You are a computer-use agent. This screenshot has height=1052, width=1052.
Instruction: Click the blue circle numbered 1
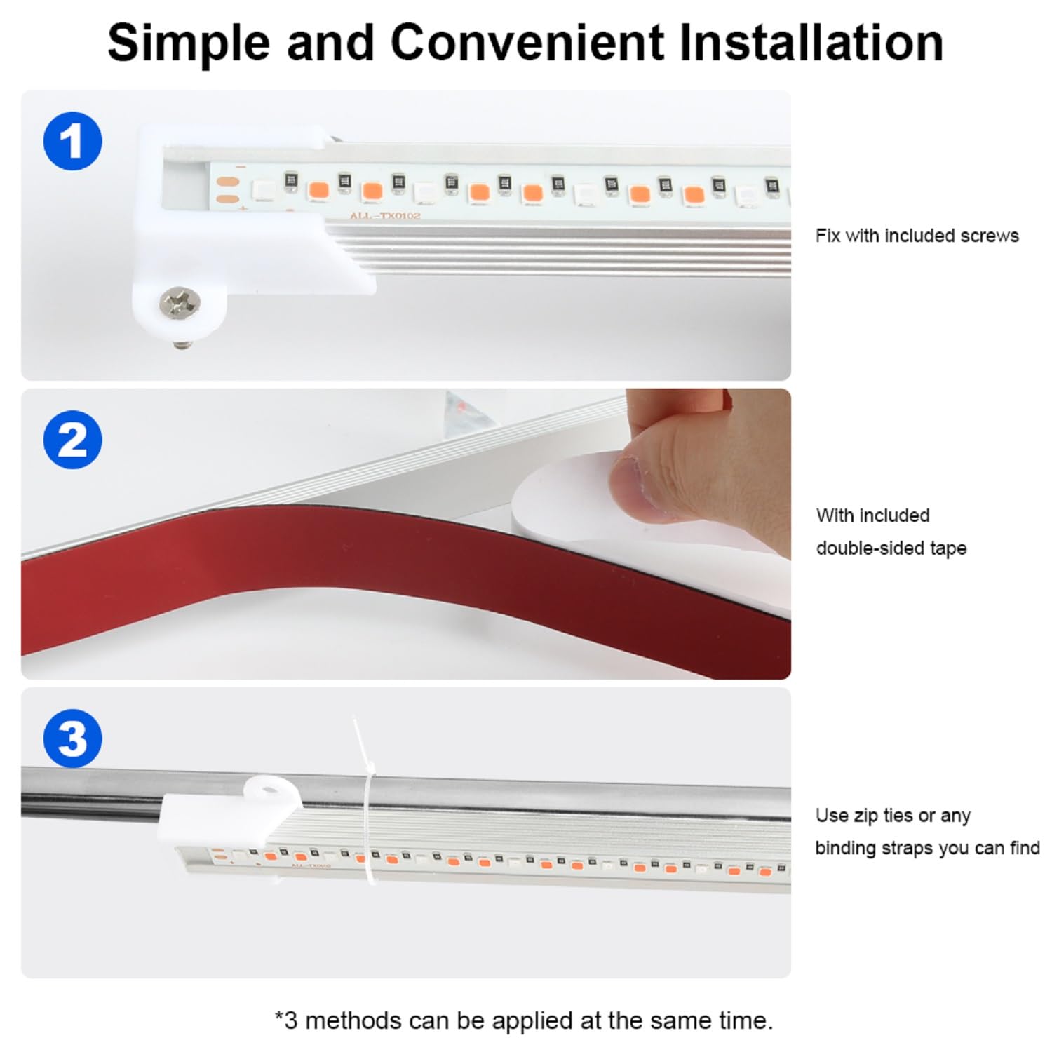[x=73, y=141]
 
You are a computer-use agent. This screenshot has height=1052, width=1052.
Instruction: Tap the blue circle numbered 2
[x=73, y=440]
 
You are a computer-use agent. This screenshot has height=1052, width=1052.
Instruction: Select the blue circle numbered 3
[x=73, y=739]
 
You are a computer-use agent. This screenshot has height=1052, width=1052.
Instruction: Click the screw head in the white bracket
[x=180, y=302]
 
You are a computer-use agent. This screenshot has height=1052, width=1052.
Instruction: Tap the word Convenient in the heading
[x=527, y=43]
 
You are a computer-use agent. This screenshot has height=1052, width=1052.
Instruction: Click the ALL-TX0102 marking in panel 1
[x=385, y=215]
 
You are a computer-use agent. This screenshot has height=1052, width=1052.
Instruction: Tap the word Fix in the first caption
[x=828, y=236]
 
